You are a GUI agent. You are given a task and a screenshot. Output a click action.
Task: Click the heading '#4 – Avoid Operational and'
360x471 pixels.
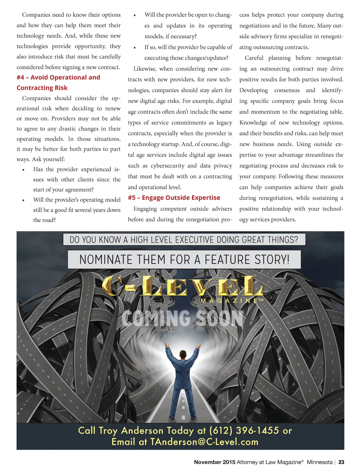(58, 77)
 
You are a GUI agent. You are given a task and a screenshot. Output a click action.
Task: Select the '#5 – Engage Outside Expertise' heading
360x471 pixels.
(174, 198)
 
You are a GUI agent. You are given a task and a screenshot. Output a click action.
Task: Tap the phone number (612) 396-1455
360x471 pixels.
(244, 431)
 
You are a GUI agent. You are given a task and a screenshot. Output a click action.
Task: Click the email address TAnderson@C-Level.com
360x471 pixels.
(204, 442)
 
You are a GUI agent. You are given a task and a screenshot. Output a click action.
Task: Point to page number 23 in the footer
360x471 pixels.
(341, 462)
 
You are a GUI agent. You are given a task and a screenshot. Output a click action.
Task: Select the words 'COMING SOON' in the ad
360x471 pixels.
(182, 318)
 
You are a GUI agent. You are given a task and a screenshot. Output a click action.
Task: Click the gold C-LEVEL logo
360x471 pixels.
(182, 286)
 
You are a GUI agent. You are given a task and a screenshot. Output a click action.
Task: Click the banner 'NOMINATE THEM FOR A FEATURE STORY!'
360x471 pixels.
(184, 260)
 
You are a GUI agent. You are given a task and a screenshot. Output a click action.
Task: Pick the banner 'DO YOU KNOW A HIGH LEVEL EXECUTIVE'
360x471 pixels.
(184, 240)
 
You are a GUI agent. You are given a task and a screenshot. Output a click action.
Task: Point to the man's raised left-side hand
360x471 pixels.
(168, 346)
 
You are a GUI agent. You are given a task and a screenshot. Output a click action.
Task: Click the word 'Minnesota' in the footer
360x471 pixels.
(320, 462)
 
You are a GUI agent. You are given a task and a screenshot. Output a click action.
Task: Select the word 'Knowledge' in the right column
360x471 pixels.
(253, 122)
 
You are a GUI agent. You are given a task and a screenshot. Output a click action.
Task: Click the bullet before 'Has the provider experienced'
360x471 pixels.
(23, 170)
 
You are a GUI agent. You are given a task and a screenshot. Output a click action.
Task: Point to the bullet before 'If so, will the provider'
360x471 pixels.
(135, 48)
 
